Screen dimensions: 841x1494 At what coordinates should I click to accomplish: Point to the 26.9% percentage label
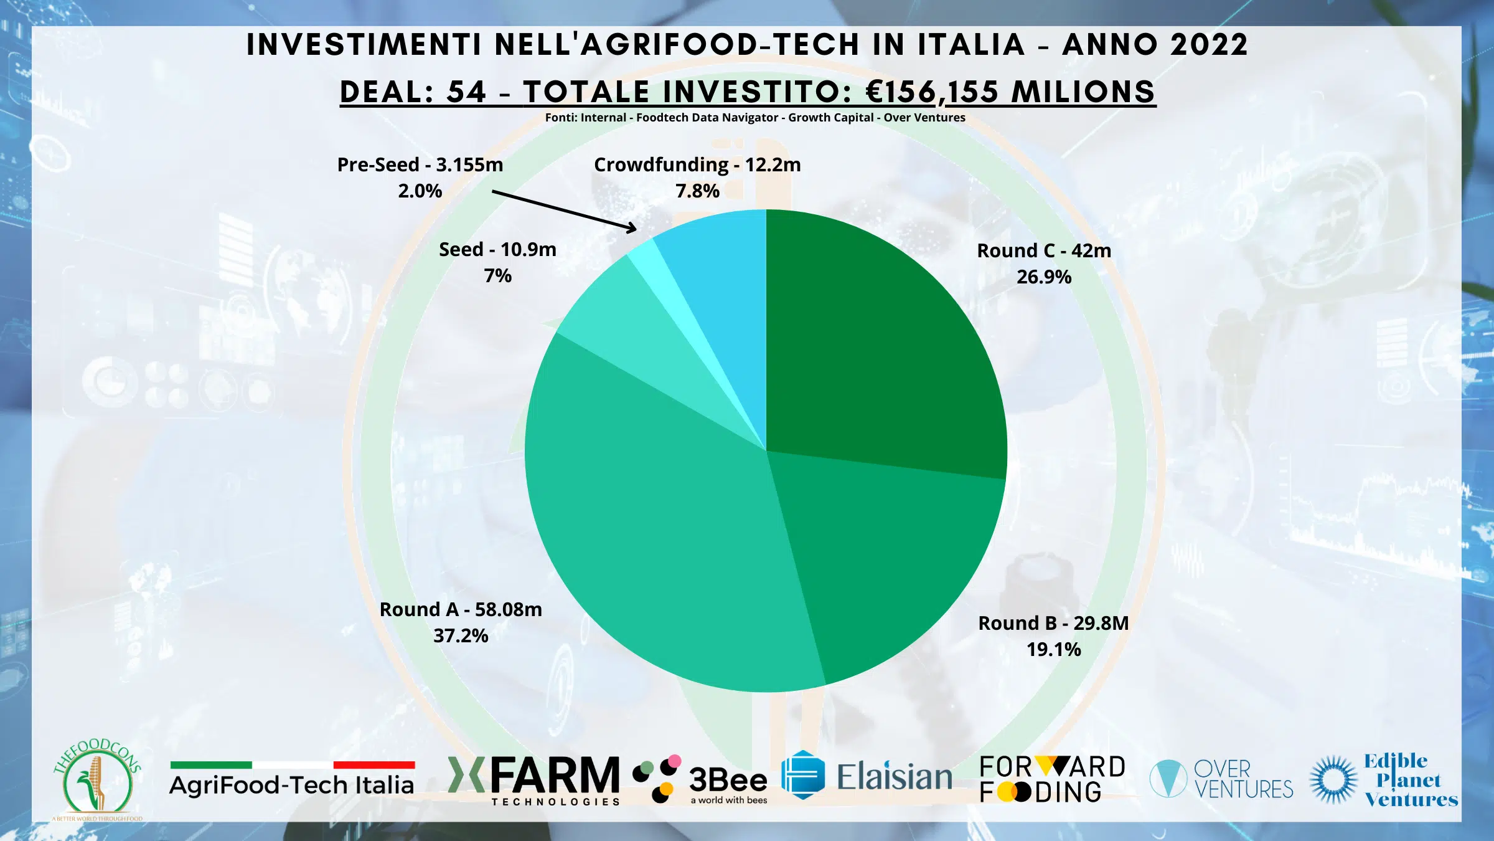click(x=1044, y=277)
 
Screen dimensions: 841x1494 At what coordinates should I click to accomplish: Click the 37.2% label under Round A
click(x=461, y=636)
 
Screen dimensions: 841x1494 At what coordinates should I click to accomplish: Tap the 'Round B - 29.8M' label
click(x=1053, y=623)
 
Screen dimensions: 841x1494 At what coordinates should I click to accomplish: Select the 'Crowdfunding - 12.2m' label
click(x=697, y=164)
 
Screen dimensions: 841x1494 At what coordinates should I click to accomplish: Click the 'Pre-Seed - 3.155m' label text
click(x=420, y=164)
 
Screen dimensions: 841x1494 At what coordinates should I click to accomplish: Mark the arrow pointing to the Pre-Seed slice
click(x=563, y=211)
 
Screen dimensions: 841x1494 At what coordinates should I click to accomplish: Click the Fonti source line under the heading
click(x=755, y=118)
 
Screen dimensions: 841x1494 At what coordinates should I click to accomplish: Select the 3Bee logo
click(x=700, y=780)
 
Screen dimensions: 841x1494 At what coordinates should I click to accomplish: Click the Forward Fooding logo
click(x=1052, y=779)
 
